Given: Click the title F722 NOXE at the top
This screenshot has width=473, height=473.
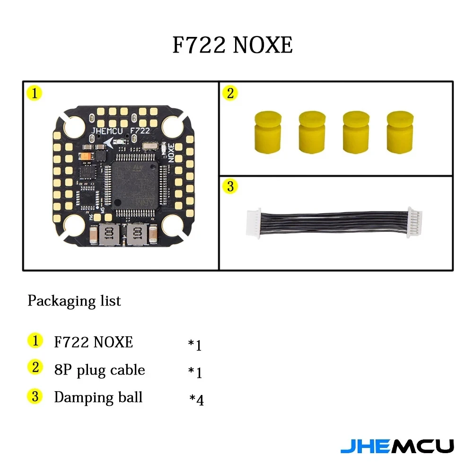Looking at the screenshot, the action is (x=232, y=45).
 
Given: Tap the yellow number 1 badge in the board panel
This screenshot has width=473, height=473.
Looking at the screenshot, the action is (x=35, y=93).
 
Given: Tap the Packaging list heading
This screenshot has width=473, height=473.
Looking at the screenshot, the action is (x=74, y=301).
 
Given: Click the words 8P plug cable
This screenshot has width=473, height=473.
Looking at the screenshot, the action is (x=99, y=369).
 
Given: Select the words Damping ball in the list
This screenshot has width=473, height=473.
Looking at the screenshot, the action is (x=98, y=397).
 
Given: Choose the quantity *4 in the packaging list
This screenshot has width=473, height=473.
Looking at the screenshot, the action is (x=197, y=400).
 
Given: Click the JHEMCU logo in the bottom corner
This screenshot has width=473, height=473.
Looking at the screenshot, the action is (x=397, y=446).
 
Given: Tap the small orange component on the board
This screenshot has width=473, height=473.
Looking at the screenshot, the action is (x=87, y=156).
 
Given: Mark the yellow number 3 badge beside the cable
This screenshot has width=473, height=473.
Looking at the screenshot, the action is (x=230, y=186).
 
